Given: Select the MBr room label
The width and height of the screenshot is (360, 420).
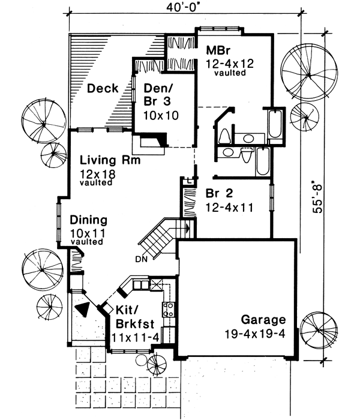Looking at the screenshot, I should coord(215,49).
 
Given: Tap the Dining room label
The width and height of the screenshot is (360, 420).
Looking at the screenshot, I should coord(88,220).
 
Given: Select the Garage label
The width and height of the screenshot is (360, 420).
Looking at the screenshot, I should coord(263,319).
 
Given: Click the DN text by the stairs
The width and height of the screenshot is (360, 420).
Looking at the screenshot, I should coord(143,259).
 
